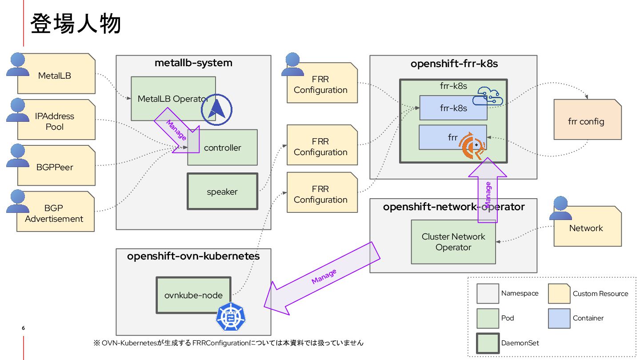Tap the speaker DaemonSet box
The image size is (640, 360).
pyautogui.click(x=222, y=192)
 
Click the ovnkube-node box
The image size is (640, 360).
pyautogui.click(x=193, y=295)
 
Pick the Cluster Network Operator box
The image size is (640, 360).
pyautogui.click(x=453, y=242)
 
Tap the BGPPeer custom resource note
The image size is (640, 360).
pyautogui.click(x=56, y=168)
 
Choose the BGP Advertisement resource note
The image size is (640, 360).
pyautogui.click(x=55, y=213)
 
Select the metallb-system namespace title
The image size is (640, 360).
pyautogui.click(x=193, y=63)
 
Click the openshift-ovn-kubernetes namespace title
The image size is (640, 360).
pyautogui.click(x=193, y=256)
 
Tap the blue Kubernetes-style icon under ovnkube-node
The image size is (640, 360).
pyautogui.click(x=231, y=317)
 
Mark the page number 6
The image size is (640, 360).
pyautogui.click(x=23, y=328)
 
